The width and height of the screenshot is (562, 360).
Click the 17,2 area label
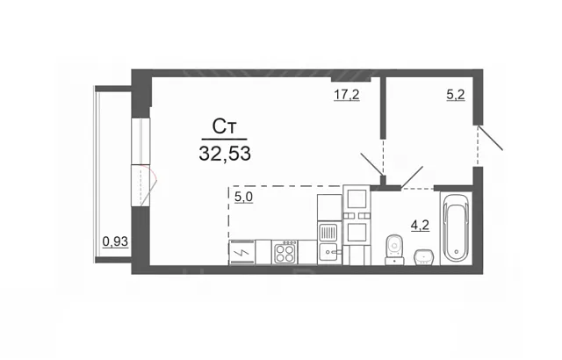[347, 95]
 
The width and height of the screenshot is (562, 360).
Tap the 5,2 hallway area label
[456, 95]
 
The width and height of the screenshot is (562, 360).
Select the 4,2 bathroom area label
[420, 226]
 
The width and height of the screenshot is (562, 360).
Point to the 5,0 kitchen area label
[244, 197]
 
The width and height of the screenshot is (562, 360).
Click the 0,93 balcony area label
[115, 241]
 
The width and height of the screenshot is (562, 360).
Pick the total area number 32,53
[225, 154]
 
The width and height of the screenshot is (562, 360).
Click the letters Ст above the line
[225, 126]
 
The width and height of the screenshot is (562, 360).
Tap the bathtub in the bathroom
[456, 228]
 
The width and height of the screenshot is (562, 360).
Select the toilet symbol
[394, 249]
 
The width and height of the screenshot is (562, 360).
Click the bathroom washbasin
[424, 257]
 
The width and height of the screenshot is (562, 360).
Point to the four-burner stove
[285, 252]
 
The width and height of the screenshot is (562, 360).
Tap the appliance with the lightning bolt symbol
[242, 252]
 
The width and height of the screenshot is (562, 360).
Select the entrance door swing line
[491, 138]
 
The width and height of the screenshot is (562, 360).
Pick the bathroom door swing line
[412, 176]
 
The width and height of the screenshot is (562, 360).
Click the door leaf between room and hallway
[372, 164]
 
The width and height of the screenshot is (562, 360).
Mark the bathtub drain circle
[456, 251]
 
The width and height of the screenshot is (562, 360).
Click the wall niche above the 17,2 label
[351, 80]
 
